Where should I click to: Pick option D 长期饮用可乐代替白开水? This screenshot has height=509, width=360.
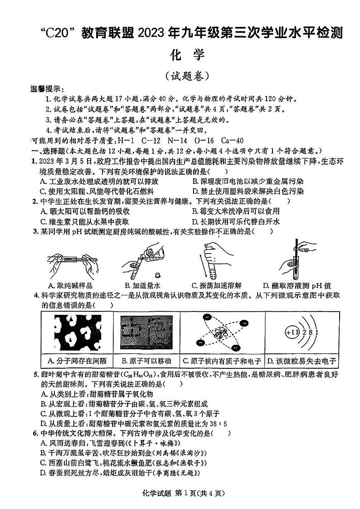(x=236, y=221)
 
